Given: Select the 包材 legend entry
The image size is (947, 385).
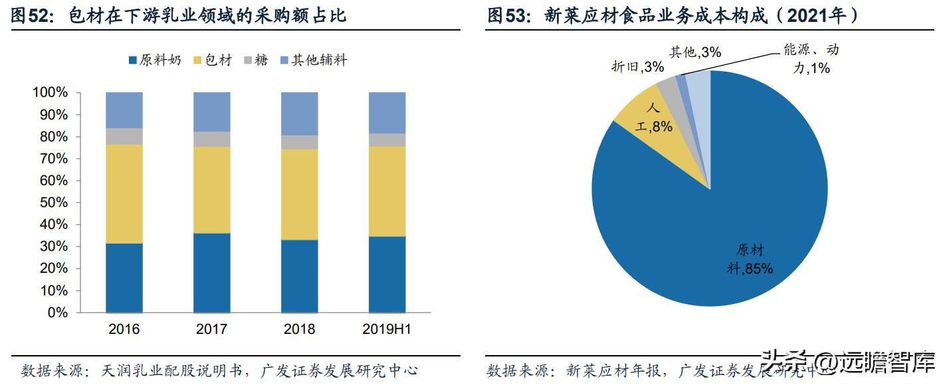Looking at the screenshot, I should pyautogui.click(x=212, y=60).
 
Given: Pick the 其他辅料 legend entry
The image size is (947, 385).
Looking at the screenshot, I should pyautogui.click(x=313, y=60).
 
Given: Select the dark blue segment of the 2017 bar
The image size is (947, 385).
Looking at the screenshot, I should pyautogui.click(x=212, y=273).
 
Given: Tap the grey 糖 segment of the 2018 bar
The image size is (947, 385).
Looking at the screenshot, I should pyautogui.click(x=300, y=142).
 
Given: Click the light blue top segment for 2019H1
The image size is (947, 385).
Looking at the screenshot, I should pyautogui.click(x=387, y=112).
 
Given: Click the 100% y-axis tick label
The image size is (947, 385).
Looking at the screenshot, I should pyautogui.click(x=50, y=92).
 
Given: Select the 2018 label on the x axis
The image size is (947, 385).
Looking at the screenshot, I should pyautogui.click(x=300, y=329).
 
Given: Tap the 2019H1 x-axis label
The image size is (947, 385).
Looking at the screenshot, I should pyautogui.click(x=387, y=329).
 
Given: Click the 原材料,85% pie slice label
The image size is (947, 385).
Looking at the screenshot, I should pyautogui.click(x=750, y=260).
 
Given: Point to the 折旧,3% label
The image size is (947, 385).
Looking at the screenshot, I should pyautogui.click(x=628, y=66).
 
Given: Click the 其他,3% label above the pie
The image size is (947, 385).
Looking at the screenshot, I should pyautogui.click(x=694, y=52).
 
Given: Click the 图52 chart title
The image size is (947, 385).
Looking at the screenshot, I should pyautogui.click(x=179, y=15).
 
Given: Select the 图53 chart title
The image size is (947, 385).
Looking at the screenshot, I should pyautogui.click(x=671, y=15).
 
